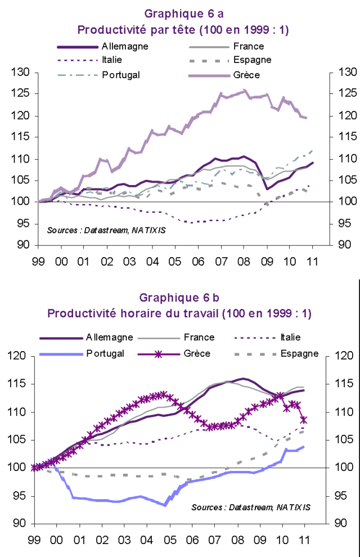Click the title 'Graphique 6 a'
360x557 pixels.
point(180,13)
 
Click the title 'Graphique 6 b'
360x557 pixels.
point(180,297)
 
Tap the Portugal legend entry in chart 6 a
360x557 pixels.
point(120,74)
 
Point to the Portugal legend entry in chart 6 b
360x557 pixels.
point(105,353)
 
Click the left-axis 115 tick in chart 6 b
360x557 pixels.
point(20,384)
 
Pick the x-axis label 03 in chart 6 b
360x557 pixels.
point(125,540)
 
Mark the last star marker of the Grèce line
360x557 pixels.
point(304,420)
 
